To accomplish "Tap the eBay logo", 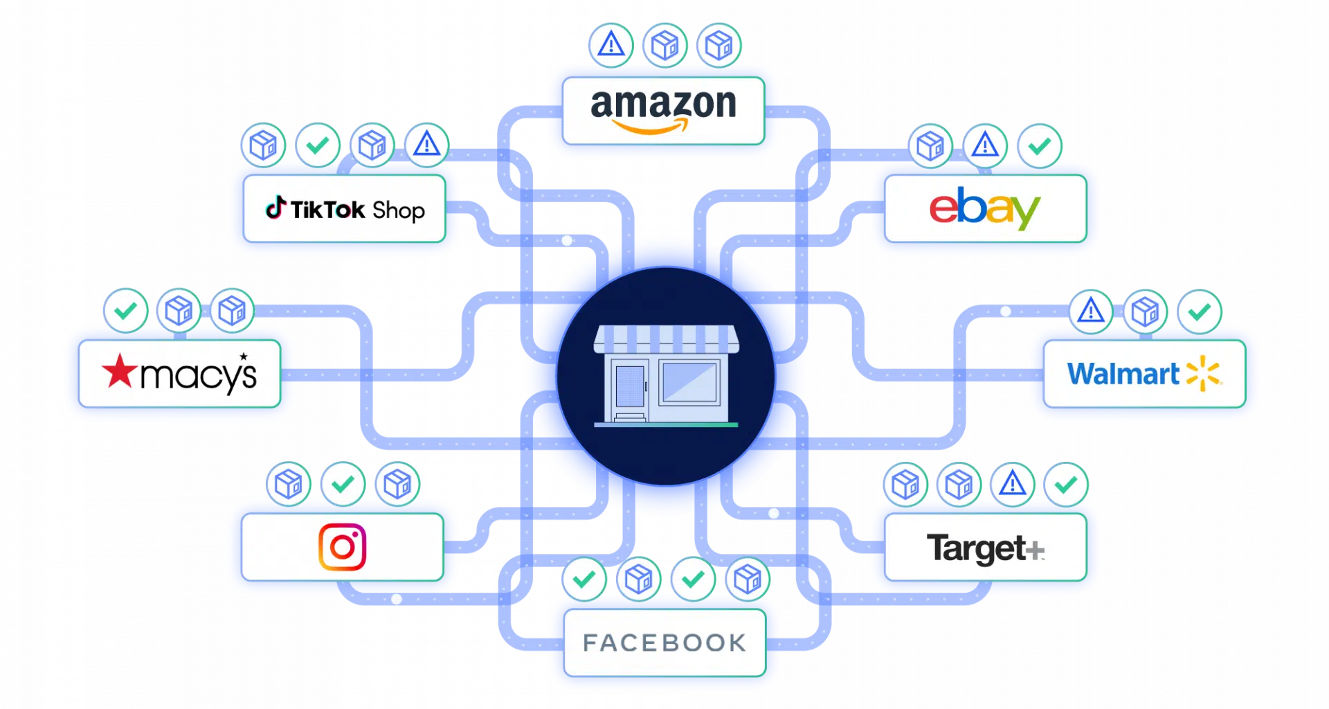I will [x=984, y=208].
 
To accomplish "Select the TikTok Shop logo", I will [x=345, y=208].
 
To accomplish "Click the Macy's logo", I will [x=179, y=374].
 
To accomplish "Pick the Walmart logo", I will [x=1143, y=374].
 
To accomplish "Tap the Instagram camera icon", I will [x=342, y=547].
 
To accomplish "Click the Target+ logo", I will [x=984, y=548].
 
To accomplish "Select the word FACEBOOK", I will [x=664, y=643].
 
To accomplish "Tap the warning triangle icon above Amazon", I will [x=611, y=45].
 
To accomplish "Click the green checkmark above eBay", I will [x=1039, y=146].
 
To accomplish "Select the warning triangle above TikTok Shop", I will [x=426, y=145].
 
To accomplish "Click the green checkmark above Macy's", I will [x=125, y=311].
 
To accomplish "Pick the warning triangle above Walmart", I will [x=1091, y=311].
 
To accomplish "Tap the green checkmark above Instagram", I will [x=343, y=484].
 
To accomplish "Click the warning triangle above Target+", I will [x=1012, y=483].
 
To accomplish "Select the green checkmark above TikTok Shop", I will [x=318, y=145].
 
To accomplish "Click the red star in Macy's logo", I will [x=120, y=371].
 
